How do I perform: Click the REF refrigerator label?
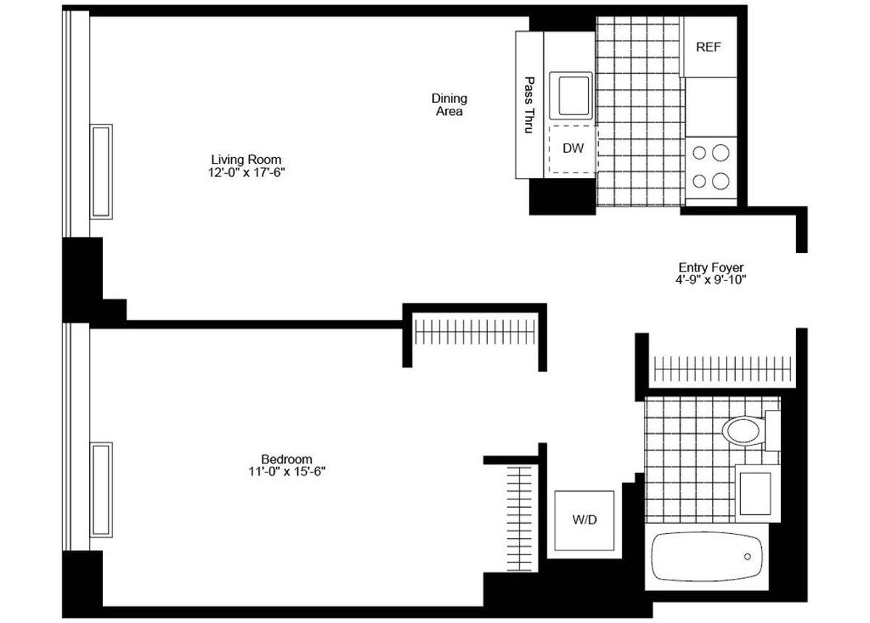coord(708,48)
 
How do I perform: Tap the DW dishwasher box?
coord(573,149)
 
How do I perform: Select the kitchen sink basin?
coord(571,94)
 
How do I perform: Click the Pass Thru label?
coord(529,105)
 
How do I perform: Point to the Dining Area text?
coord(449,105)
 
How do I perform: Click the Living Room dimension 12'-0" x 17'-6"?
coord(246,172)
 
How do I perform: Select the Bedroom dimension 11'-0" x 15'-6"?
coord(286,472)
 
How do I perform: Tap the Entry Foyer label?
coord(710,267)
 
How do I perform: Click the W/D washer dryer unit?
coord(584,519)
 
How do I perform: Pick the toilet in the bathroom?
coord(743,430)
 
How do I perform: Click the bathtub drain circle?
coord(747,556)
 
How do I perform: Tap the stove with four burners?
coord(710,167)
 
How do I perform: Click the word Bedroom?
coord(286,459)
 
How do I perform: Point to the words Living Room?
coord(246,159)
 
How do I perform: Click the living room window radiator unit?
coord(101,171)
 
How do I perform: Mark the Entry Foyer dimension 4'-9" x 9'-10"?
coord(710,280)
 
